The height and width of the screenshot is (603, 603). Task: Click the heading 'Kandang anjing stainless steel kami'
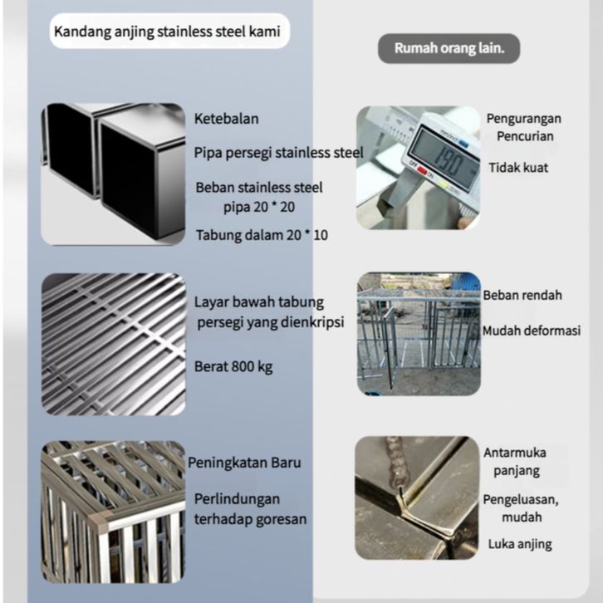click(167, 33)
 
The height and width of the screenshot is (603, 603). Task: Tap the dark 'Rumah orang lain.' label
click(449, 48)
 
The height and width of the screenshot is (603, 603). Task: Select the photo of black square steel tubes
click(112, 174)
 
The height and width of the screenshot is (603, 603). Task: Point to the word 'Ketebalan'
click(227, 119)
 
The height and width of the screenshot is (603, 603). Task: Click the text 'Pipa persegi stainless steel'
click(278, 153)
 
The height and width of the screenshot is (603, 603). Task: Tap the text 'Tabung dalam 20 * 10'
click(262, 235)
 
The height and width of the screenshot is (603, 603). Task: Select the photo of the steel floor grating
click(113, 344)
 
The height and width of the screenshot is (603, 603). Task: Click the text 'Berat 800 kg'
click(233, 365)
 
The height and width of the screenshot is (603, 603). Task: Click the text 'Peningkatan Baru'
click(244, 463)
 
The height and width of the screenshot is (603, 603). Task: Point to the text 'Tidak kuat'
click(517, 168)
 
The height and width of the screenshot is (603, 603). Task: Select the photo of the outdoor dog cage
click(418, 333)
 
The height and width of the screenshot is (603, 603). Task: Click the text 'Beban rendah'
click(522, 295)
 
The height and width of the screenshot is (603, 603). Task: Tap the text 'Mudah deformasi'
click(532, 331)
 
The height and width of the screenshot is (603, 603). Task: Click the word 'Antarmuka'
click(516, 453)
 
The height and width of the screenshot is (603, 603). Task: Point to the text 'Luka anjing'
click(520, 545)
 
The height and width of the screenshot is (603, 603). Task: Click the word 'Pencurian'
click(521, 136)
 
